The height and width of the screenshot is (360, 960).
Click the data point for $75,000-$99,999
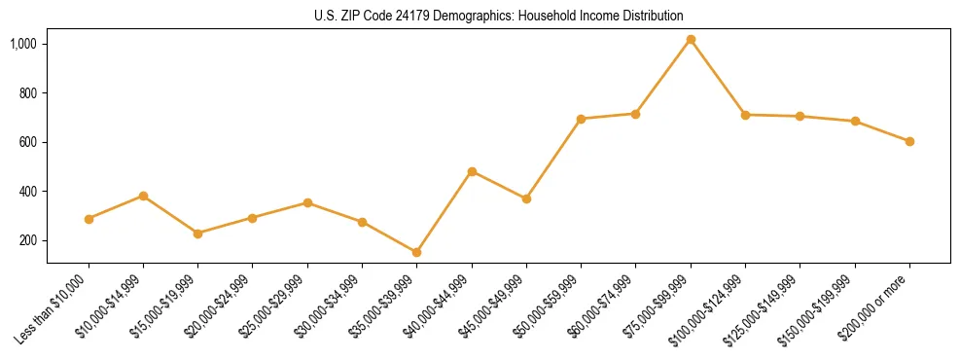pos(691,40)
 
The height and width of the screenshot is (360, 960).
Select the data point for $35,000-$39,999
pos(416,253)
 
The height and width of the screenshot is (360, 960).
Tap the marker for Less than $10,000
pos(89,219)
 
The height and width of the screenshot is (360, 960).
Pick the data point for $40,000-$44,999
pos(472,171)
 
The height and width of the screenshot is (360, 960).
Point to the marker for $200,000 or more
pos(909,141)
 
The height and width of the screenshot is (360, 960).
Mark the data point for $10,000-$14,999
pos(143,196)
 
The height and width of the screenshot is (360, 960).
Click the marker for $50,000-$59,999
pos(581,119)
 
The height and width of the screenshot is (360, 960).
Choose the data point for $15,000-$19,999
pos(198,234)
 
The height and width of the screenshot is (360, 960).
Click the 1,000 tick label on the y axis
pos(24,45)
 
